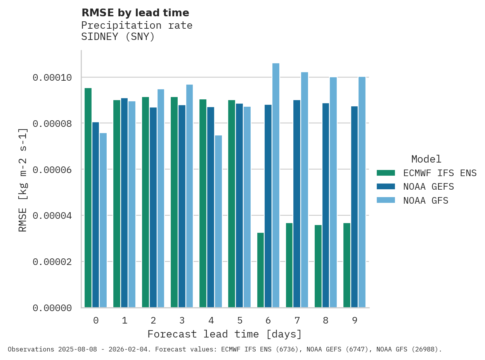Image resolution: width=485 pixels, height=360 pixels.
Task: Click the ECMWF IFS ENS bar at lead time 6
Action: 260,270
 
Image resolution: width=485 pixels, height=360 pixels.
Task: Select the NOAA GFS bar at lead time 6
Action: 275,185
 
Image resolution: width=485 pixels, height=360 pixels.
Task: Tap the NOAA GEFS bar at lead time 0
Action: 95,215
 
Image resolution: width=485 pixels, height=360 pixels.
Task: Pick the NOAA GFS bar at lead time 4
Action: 218,222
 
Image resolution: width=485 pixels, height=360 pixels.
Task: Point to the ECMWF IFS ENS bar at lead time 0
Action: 88,198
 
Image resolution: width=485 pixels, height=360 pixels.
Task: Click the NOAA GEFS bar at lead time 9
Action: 354,207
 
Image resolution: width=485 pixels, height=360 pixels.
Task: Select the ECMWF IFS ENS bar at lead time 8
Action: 318,266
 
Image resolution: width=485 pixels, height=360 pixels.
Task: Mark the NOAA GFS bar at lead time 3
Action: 189,196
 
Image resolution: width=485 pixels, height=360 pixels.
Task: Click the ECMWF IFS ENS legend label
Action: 440,173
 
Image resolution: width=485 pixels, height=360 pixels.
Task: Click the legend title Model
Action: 426,159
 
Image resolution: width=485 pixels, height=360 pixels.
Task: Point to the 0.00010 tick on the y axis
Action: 52,78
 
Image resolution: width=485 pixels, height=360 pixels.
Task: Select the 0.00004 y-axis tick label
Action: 52,215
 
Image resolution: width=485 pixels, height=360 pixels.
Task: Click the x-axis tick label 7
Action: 297,320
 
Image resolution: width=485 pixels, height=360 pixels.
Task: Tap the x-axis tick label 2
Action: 153,320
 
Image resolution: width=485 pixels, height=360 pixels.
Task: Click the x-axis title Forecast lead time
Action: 224,334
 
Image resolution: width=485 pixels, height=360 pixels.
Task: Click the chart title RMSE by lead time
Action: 135,13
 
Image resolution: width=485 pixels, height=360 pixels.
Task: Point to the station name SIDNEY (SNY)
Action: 118,37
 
